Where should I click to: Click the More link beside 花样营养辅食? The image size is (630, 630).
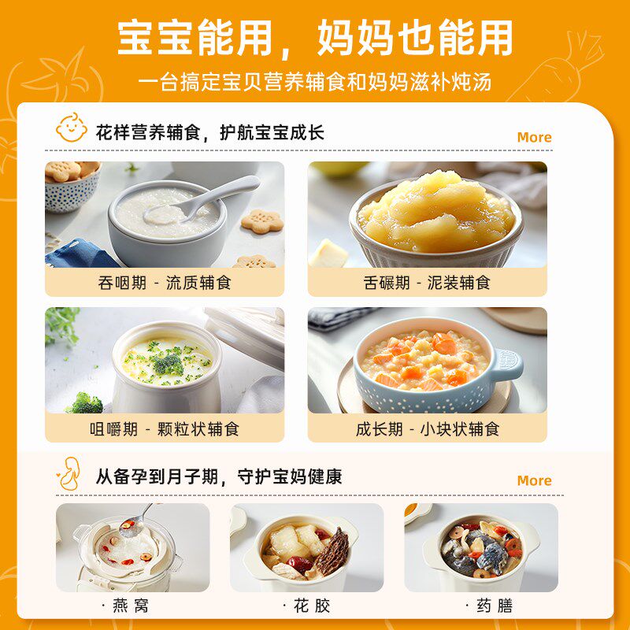534,137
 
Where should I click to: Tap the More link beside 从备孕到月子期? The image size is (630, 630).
534,480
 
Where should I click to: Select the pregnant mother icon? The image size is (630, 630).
70,475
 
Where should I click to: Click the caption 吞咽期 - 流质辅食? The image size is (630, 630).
165,283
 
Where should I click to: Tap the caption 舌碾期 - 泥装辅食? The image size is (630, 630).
427,283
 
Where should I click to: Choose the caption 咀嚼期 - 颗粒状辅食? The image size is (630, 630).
165,429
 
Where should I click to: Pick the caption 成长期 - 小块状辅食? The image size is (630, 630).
427,429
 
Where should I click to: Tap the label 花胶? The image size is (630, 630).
306,606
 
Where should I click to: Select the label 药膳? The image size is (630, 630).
481,606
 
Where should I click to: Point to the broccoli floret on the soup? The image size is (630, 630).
168,364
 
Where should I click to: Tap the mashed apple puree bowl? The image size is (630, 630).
434,217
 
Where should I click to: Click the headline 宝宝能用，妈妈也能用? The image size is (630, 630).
315,37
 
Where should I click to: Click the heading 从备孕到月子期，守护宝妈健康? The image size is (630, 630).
219,476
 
